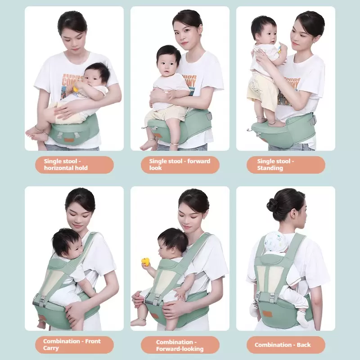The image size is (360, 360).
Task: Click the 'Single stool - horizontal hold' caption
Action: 66,165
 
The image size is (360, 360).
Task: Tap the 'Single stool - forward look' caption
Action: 180,165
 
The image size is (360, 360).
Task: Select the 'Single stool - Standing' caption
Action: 275,165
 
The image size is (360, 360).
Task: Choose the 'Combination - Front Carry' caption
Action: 72,345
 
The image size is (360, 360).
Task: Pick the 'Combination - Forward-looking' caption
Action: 180,346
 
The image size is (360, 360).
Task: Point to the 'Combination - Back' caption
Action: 283,345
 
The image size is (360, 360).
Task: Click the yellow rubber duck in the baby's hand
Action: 145,262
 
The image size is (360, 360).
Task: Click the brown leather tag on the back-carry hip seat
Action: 267,314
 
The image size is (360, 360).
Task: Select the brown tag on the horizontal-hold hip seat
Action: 69,140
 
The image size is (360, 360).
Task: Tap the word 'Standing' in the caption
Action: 270,168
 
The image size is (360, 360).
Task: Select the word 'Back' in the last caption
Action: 303,345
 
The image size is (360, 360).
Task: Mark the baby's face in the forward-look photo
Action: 166,67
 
